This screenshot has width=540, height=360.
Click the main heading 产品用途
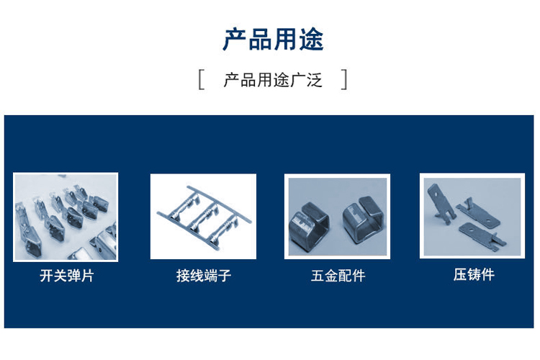coord(273,40)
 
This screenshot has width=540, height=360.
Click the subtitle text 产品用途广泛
coord(273,80)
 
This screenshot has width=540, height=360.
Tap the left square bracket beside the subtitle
coord(201,80)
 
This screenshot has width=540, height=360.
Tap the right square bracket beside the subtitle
coord(343,80)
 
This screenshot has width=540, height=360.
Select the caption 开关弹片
coord(67,276)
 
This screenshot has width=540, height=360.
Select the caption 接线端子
coord(204,276)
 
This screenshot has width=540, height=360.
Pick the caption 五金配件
coord(338,276)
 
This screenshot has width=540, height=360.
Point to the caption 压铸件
coord(474,274)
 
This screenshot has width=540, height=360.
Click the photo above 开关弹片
coord(66,217)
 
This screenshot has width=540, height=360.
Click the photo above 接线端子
coord(203,216)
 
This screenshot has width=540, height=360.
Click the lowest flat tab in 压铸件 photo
coord(482,235)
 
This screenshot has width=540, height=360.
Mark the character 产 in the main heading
coord(235,40)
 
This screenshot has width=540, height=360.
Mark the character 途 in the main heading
coord(311,40)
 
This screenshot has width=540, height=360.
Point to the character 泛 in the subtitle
coord(314,80)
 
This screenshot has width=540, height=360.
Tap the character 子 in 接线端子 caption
coord(224,276)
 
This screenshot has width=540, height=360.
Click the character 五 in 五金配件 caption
coord(318,276)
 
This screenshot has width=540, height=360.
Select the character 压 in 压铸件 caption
coord(460,274)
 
